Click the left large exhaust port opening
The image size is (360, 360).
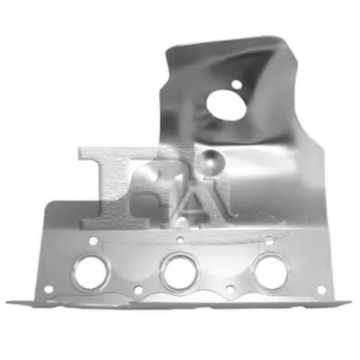(92, 273)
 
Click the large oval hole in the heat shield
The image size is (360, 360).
(226, 105)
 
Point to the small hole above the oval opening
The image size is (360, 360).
(237, 85)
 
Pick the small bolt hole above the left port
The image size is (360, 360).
(94, 240)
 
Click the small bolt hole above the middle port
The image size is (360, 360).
(180, 239)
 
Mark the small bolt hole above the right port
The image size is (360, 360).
(269, 239)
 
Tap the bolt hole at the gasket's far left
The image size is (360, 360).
(49, 290)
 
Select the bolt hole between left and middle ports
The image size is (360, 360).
(138, 290)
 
